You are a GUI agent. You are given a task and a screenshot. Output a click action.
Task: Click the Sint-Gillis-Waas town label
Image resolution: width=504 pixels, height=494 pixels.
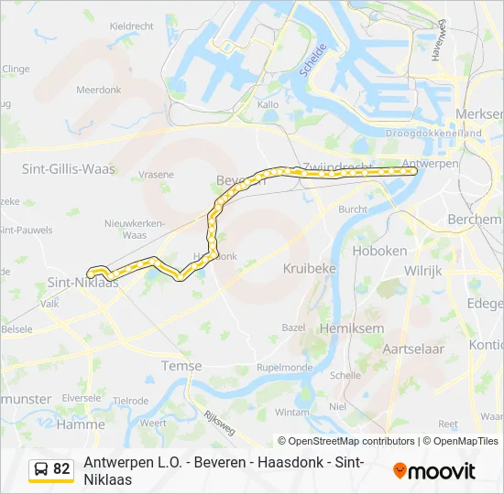pos(68,168)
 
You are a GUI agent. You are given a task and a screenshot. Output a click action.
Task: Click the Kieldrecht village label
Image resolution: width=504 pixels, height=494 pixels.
pos(131,27)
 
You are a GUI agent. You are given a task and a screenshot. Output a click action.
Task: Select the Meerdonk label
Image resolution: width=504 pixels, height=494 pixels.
pos(99,90)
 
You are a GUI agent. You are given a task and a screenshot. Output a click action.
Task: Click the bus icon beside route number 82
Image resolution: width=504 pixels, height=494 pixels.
pos(41,469)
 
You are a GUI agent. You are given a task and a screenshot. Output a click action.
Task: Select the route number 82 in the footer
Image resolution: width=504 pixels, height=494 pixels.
pos(61,469)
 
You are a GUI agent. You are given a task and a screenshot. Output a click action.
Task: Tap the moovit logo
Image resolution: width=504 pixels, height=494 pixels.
pos(434,470)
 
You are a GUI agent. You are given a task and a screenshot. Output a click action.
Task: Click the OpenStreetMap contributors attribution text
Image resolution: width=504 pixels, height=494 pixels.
pos(346,441)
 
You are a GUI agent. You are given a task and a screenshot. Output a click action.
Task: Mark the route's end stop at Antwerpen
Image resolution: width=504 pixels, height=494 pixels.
pos(414,170)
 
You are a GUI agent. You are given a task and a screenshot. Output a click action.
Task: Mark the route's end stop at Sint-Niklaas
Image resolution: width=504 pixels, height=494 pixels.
pos(91,273)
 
